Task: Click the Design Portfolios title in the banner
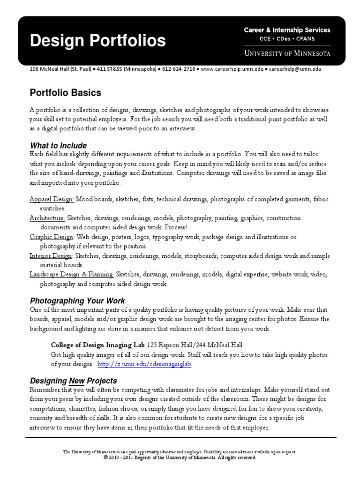[97, 41]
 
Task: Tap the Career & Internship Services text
[287, 30]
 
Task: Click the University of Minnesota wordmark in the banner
[287, 53]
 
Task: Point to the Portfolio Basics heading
[65, 93]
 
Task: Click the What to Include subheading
[58, 145]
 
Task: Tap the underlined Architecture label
[47, 218]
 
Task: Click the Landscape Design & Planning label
[72, 274]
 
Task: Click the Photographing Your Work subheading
[77, 300]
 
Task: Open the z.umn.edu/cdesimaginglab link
[144, 364]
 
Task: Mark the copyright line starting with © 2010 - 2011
[180, 457]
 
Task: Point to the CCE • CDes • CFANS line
[287, 39]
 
